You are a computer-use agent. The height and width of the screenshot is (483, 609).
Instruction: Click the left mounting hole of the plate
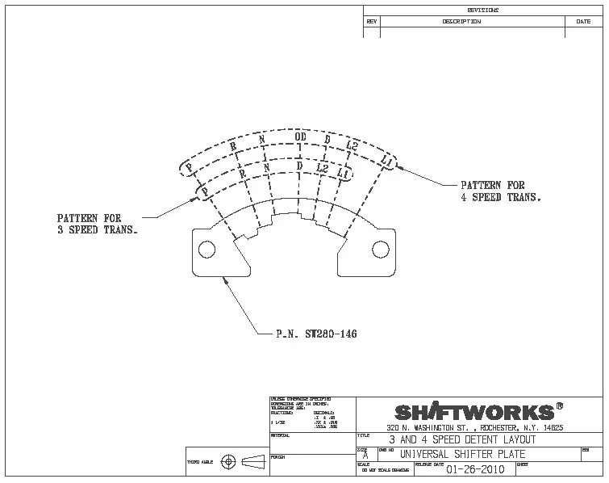[207, 250]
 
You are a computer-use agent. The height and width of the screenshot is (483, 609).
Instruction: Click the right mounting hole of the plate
[379, 250]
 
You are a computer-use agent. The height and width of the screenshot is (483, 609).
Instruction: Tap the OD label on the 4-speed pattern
[300, 136]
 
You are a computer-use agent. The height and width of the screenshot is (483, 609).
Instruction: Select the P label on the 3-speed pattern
[205, 191]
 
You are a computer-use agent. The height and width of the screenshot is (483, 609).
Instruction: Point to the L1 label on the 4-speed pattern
[388, 164]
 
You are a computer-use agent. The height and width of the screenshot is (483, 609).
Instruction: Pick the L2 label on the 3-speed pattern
[322, 169]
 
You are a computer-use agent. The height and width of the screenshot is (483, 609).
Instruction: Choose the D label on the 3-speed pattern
[299, 166]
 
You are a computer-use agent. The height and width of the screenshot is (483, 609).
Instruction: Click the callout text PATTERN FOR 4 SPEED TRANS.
[500, 191]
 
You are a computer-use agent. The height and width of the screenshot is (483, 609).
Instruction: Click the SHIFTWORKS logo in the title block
[474, 411]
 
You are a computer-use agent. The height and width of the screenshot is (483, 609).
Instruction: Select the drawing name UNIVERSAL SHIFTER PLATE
[462, 454]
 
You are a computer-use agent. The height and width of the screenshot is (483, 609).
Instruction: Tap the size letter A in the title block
[365, 456]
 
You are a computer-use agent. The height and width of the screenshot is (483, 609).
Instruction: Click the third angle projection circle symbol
[228, 462]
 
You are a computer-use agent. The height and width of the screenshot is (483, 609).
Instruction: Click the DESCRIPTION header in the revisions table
[461, 22]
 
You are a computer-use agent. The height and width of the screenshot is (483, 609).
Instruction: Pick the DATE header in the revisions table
[583, 22]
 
